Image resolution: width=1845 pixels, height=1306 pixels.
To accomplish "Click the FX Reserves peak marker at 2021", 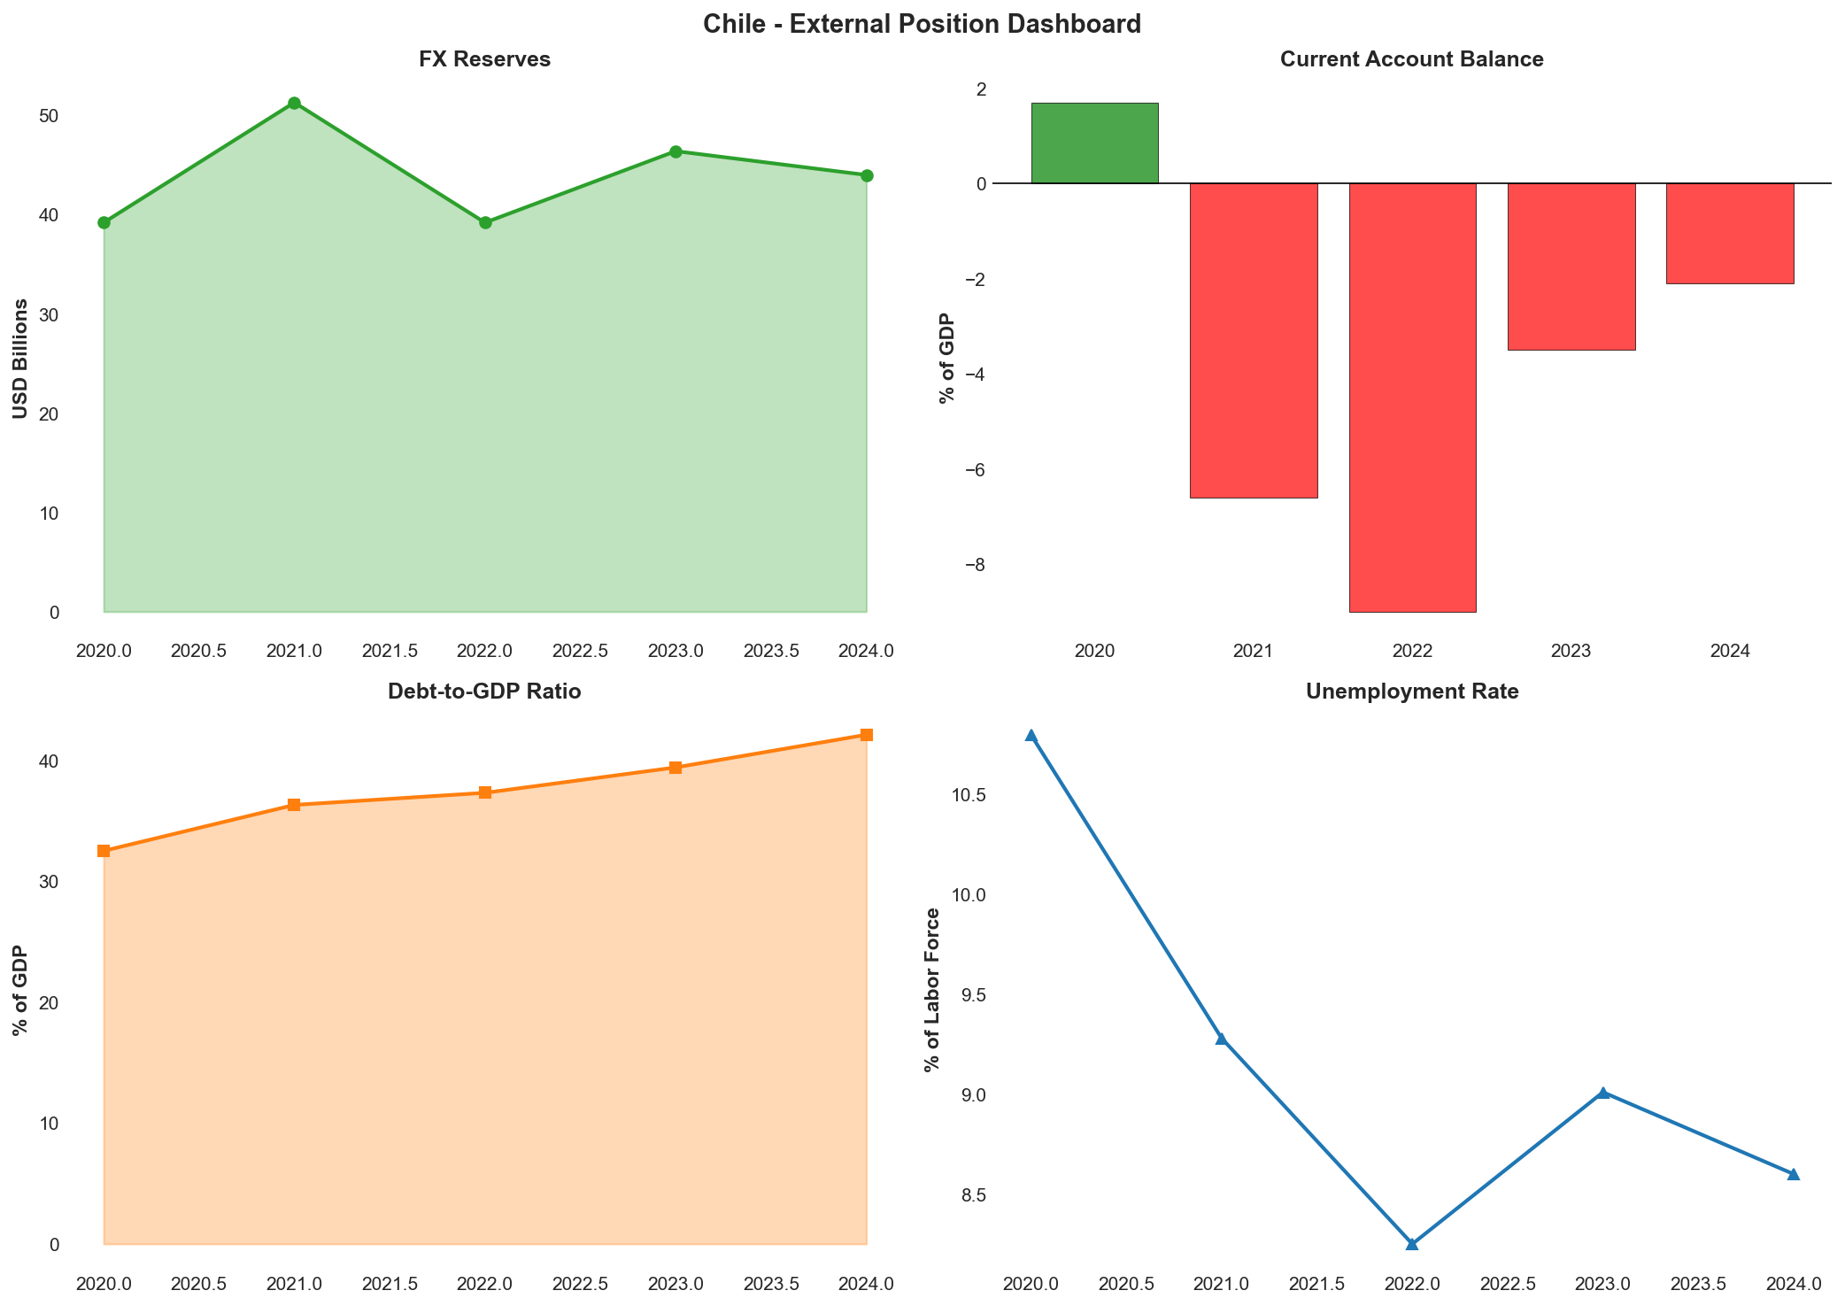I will (294, 104).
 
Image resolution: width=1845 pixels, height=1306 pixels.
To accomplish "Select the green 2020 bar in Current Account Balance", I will (1094, 143).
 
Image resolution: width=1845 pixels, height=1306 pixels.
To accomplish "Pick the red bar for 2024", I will (1730, 233).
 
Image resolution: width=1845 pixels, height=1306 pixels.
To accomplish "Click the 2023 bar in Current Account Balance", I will (1571, 266).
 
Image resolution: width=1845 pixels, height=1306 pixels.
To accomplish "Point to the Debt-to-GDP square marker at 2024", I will (867, 735).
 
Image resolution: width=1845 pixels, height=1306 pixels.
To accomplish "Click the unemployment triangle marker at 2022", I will (1412, 1243).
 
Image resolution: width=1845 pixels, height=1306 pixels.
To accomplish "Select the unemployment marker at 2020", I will (1031, 736).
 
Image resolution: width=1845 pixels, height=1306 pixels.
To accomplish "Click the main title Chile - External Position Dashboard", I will (922, 24).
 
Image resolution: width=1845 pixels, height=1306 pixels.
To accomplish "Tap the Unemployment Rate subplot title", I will (1412, 692).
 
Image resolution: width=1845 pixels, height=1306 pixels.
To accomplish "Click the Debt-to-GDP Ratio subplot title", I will (484, 692).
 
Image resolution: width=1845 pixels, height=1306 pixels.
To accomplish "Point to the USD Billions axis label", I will (19, 359).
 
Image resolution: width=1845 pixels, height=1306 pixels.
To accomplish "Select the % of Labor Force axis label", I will (931, 989).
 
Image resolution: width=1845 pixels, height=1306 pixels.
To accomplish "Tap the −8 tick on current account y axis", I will (976, 565).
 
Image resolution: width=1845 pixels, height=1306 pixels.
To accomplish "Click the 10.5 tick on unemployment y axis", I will (970, 795).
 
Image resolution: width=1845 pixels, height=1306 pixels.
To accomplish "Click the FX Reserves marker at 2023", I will (675, 151).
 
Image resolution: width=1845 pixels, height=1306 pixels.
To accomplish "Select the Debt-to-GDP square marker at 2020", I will (104, 851).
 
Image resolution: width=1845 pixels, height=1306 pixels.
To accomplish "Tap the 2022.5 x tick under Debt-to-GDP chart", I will (580, 1283).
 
